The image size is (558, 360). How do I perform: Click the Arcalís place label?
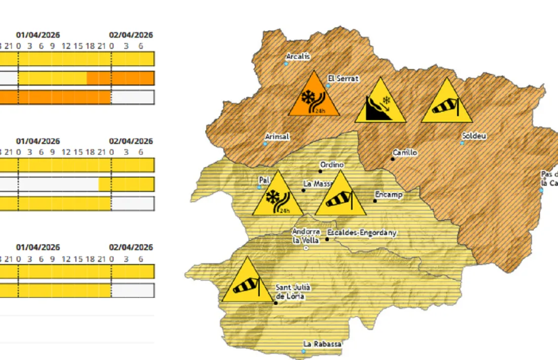click(298, 57)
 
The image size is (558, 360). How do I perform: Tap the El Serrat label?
click(343, 79)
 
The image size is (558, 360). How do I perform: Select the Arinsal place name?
click(277, 137)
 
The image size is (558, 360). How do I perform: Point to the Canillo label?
click(405, 152)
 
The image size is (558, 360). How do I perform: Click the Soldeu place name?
click(474, 136)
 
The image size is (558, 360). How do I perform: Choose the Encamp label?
click(388, 194)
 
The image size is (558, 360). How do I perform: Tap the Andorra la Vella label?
click(306, 236)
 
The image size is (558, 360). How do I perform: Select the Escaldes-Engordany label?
click(362, 232)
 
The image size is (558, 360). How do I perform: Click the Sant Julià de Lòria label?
click(290, 292)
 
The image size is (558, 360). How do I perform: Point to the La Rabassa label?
click(322, 344)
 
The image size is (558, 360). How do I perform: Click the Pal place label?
click(264, 180)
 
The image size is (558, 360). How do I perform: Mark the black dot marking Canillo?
click(393, 159)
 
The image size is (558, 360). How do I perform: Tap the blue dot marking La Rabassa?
click(304, 351)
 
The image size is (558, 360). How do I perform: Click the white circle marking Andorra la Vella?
click(305, 248)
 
